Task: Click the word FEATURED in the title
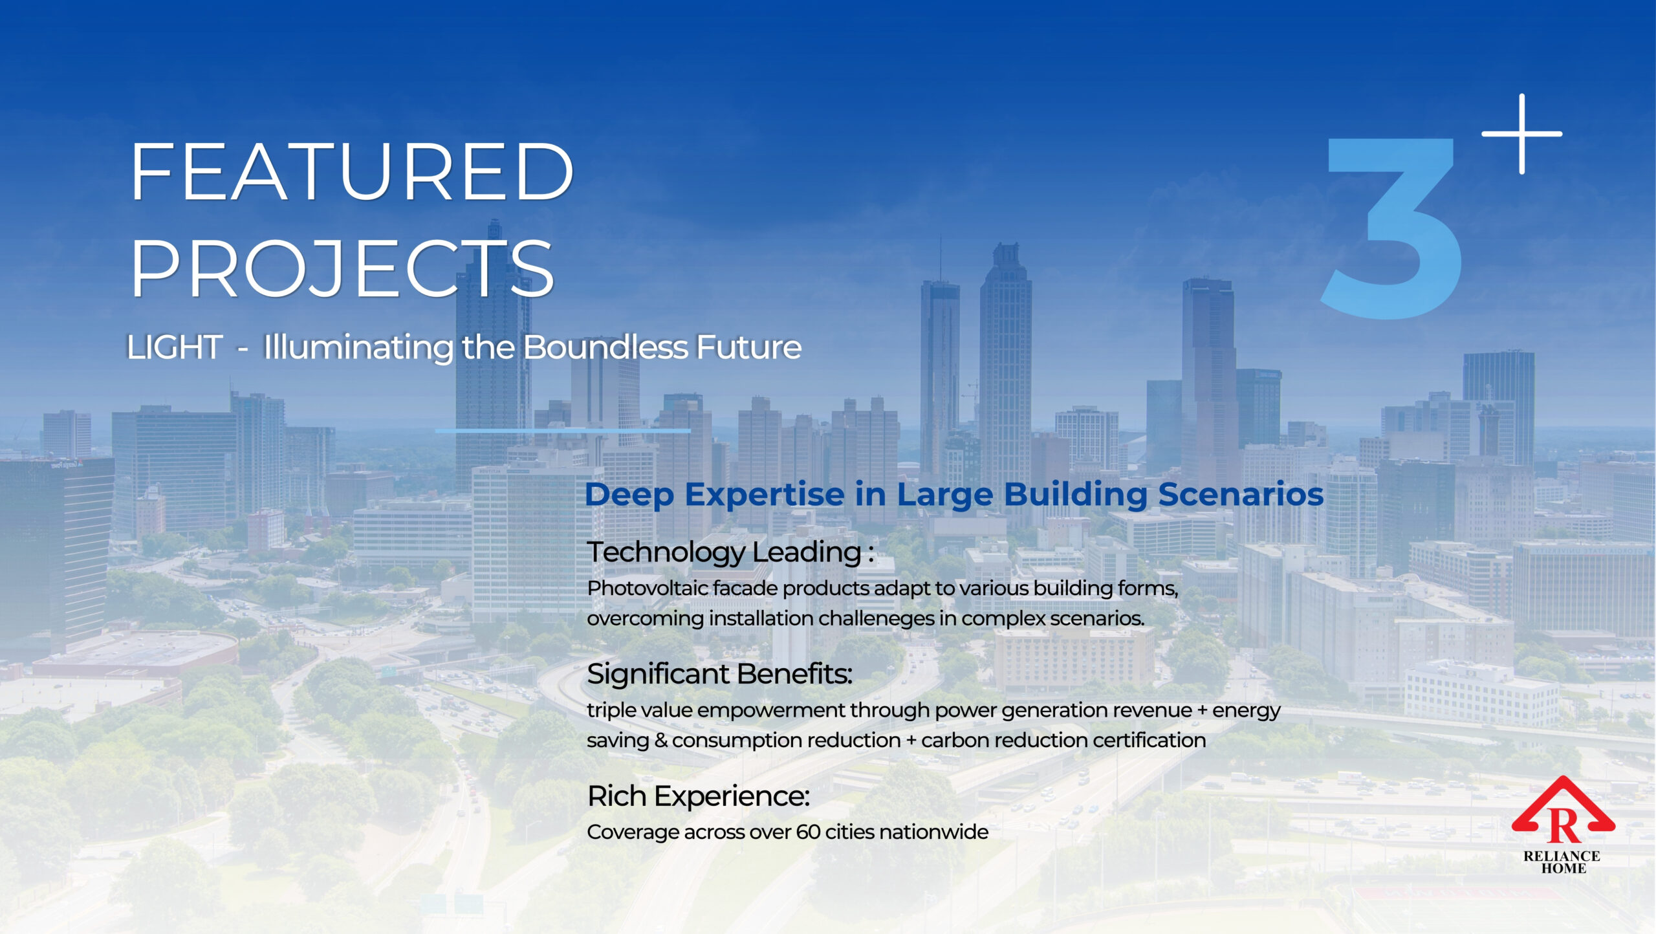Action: (352, 172)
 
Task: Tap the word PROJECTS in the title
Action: (342, 268)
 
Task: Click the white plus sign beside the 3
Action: (1521, 134)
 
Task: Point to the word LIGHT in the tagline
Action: (175, 347)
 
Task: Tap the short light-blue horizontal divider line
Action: (563, 430)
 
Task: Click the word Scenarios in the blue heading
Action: (1241, 495)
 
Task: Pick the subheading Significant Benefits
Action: (719, 674)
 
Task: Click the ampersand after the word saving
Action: (660, 740)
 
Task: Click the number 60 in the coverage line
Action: (809, 832)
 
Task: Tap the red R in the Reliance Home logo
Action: (1563, 826)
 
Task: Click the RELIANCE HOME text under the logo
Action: (1562, 862)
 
